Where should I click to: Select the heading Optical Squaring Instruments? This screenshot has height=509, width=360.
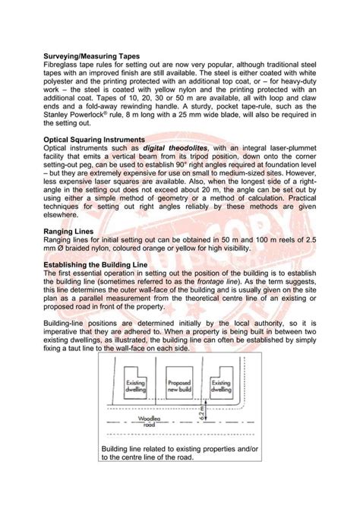[x=93, y=141]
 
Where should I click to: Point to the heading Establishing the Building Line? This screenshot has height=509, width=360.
[x=97, y=264]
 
